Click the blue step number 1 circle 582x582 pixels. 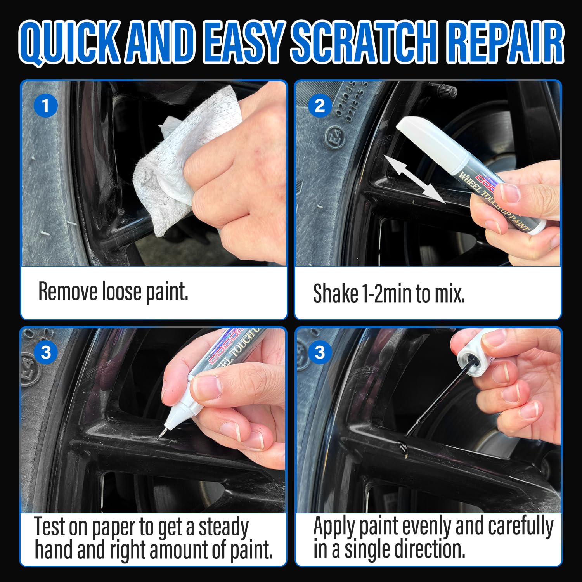pyautogui.click(x=45, y=106)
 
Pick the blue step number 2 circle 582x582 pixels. pyautogui.click(x=320, y=106)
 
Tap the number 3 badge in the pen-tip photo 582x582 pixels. pyautogui.click(x=46, y=352)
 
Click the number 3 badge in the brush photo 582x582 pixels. pyautogui.click(x=320, y=352)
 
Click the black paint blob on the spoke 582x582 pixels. pyautogui.click(x=404, y=449)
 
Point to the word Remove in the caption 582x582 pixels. pyautogui.click(x=68, y=291)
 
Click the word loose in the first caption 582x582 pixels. pyautogui.click(x=121, y=291)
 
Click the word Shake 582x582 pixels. pyautogui.click(x=336, y=294)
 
